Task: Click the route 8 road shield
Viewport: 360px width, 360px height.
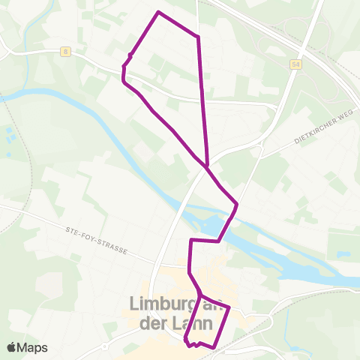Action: pyautogui.click(x=67, y=52)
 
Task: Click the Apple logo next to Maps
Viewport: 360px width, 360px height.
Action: pyautogui.click(x=12, y=347)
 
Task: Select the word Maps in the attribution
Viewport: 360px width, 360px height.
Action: pyautogui.click(x=34, y=347)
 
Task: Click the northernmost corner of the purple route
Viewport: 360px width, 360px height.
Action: pyautogui.click(x=158, y=12)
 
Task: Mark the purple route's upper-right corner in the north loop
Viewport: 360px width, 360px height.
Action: pyautogui.click(x=197, y=35)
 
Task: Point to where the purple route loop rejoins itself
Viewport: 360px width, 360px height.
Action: pyautogui.click(x=205, y=166)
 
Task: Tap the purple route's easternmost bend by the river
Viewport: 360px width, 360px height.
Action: pyautogui.click(x=237, y=203)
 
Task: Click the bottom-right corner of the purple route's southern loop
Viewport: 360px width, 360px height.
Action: pyautogui.click(x=215, y=347)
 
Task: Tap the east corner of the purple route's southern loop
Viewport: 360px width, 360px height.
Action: pyautogui.click(x=228, y=308)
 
